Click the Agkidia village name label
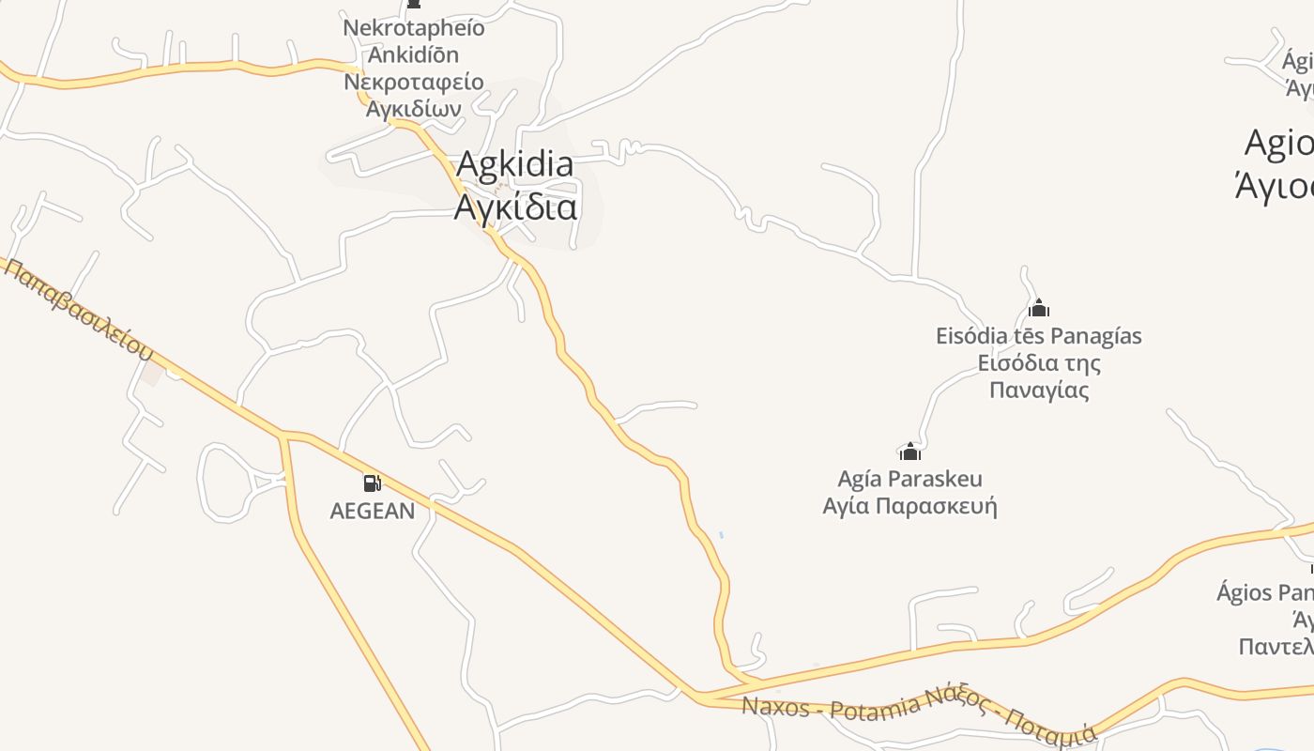514,164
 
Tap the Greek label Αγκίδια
515,207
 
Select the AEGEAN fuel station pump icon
373,483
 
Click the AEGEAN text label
373,511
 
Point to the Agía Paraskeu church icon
910,452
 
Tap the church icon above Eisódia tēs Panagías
1039,308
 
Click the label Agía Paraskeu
909,479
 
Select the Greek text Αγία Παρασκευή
909,507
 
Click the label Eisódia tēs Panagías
1038,335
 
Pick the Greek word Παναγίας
1039,390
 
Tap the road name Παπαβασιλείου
79,310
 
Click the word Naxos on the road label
775,706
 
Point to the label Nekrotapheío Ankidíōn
414,40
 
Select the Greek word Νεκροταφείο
414,82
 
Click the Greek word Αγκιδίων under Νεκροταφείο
414,108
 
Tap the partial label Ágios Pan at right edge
1265,592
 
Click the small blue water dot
721,535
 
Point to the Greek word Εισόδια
1012,362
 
